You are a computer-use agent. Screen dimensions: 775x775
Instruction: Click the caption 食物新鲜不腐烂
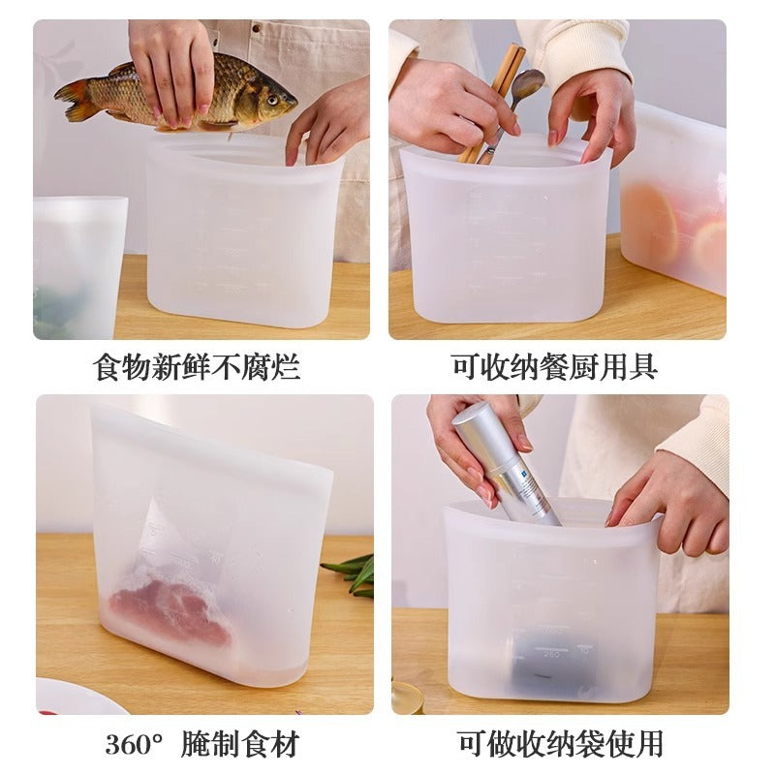[x=197, y=367]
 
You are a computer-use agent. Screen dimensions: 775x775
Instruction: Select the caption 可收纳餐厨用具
[x=554, y=367]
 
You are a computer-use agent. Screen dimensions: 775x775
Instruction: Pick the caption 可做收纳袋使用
[x=560, y=744]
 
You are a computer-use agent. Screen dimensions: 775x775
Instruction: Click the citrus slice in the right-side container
[x=650, y=222]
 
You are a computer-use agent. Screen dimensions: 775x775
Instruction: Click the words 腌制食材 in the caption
[x=240, y=744]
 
